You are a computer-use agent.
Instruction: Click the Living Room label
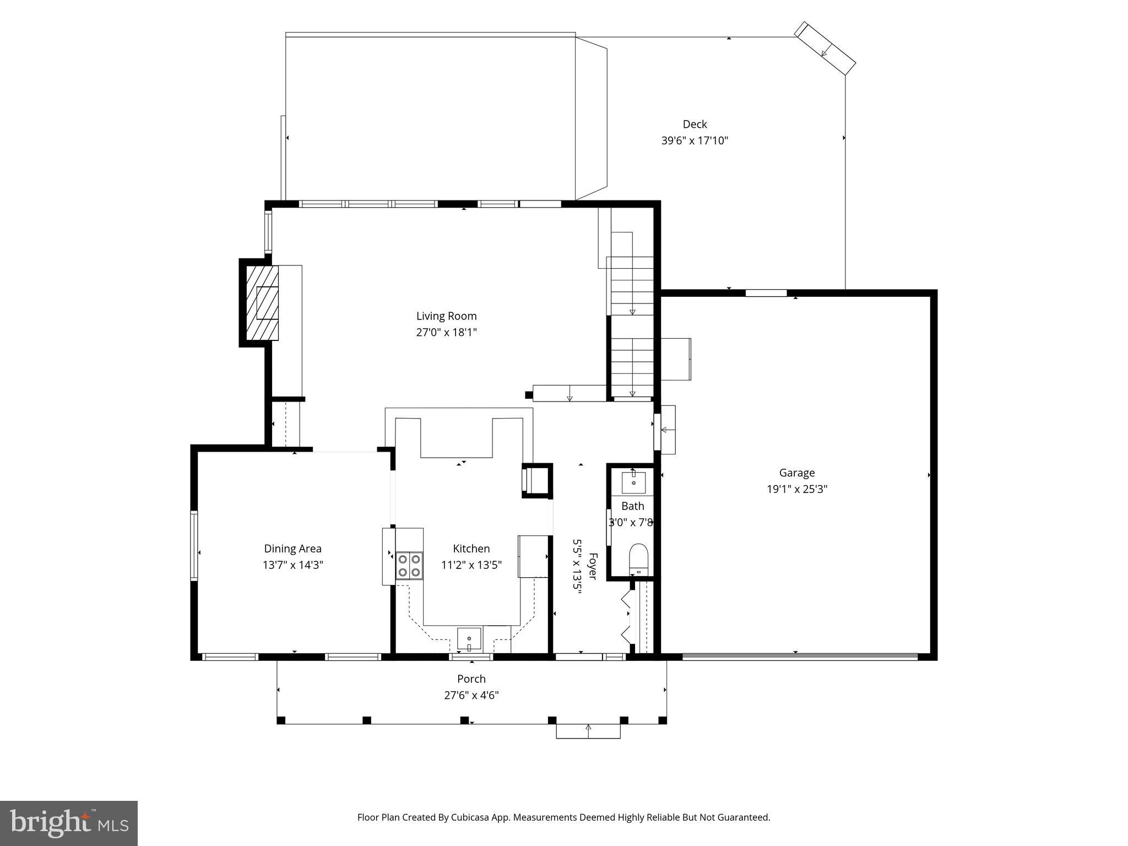coord(446,316)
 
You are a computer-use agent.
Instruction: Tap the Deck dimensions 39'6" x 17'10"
coord(695,140)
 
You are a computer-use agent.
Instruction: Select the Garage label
coord(796,473)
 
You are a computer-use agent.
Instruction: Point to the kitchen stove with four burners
coord(409,566)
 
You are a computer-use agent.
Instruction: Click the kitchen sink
coord(469,639)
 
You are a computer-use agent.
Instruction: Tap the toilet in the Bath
coord(638,558)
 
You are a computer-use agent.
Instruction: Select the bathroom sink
coord(633,482)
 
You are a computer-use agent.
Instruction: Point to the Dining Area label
coord(292,549)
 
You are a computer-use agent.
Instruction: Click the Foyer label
coord(593,566)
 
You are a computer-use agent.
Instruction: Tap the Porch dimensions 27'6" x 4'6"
coord(471,695)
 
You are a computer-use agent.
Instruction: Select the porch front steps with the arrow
coord(588,731)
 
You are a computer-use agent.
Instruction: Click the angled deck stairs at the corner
coord(825,49)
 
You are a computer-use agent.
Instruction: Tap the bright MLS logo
coord(69,823)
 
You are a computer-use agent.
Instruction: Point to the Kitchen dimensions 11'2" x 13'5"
coord(471,565)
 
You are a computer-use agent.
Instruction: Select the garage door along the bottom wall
coord(800,656)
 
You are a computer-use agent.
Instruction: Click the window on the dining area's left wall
coord(194,545)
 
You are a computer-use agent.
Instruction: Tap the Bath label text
coord(632,506)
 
